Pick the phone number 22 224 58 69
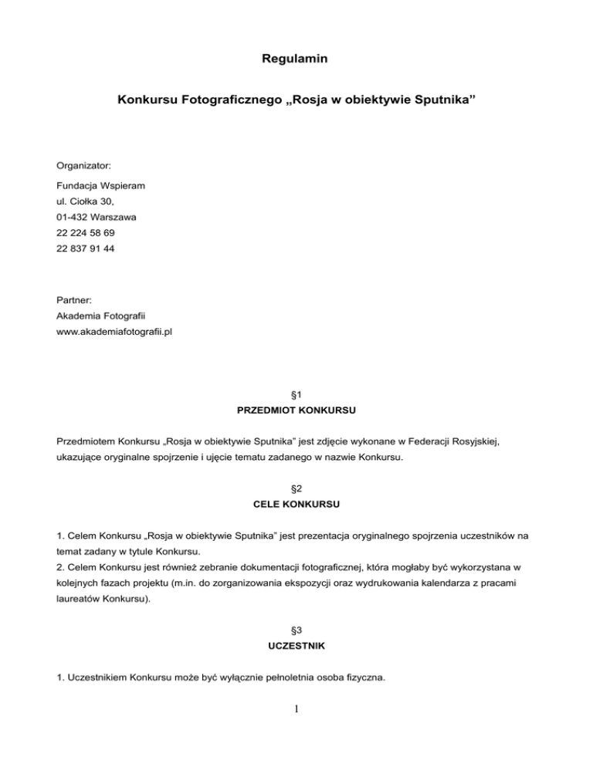86,233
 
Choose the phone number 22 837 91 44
86,249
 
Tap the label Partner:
75,299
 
